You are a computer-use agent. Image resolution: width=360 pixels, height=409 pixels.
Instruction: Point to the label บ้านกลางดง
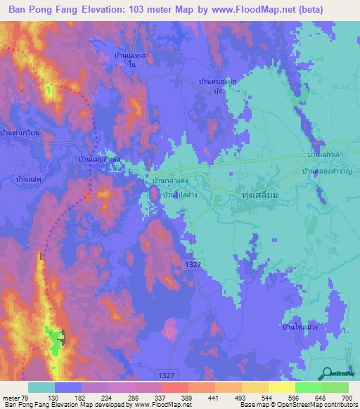tap(172, 181)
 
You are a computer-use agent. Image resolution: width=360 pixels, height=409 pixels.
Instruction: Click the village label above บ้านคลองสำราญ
tap(328, 153)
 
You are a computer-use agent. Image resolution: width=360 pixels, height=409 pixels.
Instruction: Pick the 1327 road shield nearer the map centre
tap(195, 263)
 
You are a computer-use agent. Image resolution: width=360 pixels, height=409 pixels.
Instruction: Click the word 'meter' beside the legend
tap(13, 397)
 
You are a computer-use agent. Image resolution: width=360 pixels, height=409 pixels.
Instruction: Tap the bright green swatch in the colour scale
tap(308, 387)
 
